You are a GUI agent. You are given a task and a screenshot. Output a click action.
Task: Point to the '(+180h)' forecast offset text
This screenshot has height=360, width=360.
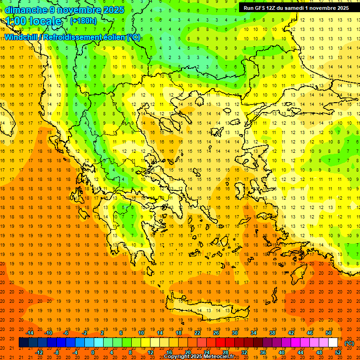pos(83,21)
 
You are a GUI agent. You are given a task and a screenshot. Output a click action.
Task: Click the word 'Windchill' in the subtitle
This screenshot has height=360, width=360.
pos(22,37)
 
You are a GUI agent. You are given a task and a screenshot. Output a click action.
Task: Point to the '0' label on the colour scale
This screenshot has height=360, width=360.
pos(93,352)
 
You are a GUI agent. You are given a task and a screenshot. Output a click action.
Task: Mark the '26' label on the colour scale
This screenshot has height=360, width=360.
pos(216,333)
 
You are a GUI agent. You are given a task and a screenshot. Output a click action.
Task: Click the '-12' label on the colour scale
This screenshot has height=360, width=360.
pos(39,352)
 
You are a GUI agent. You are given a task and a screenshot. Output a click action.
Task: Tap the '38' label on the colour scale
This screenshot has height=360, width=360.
pos(272,333)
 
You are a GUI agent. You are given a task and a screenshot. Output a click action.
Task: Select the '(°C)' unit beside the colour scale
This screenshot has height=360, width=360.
pos(349,343)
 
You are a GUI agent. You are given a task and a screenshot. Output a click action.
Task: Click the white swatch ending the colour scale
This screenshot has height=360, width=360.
pos(333,343)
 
